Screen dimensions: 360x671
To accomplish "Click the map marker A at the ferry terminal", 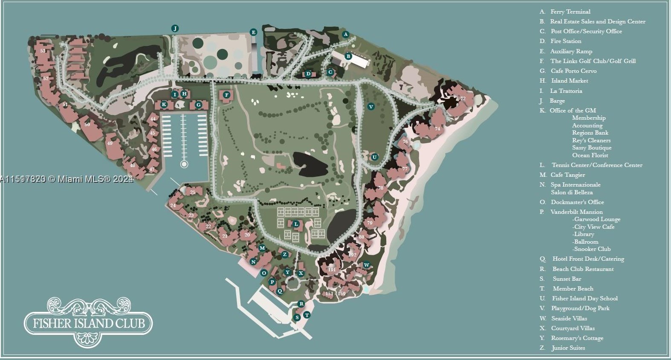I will (346, 34).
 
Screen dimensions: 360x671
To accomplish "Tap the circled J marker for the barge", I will (175, 29).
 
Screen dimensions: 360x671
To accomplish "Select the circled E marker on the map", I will (253, 32).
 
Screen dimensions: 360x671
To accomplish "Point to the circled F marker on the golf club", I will (226, 95).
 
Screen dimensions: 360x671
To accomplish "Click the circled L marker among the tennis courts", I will (296, 224).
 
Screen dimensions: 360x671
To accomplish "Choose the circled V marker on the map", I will (371, 107).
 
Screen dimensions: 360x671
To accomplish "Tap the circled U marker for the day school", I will (374, 157).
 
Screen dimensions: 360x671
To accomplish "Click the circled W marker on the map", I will (366, 265).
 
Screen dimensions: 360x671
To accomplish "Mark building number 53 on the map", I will (43, 51).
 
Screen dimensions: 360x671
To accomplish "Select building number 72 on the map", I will (463, 98).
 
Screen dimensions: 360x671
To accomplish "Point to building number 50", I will (87, 125).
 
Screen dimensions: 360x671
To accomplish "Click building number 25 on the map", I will (193, 193).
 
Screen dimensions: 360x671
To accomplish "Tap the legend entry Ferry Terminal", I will (570, 12).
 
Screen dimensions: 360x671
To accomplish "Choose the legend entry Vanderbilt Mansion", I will (576, 212).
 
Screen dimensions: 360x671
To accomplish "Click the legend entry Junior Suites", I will (568, 348).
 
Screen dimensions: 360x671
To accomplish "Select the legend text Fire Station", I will (566, 41).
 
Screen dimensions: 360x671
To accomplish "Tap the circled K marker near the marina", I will (164, 104).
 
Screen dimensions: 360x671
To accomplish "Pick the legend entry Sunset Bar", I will (567, 279).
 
